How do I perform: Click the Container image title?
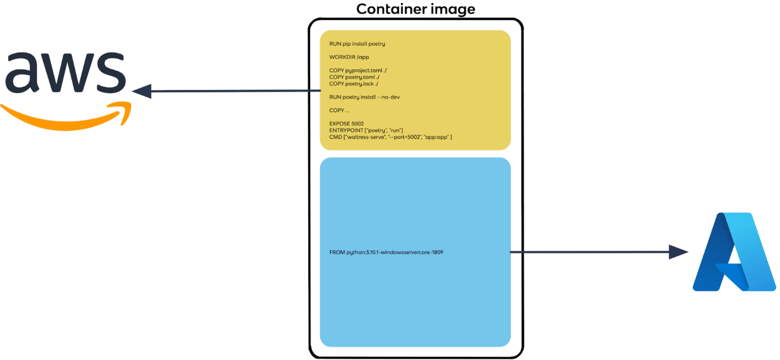pos(415,9)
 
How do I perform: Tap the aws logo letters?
pos(64,73)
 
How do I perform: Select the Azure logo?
pos(734,252)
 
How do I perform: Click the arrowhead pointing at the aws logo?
pos(142,91)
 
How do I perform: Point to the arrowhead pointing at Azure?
pos(678,252)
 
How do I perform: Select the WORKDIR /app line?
pos(349,57)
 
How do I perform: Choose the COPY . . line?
pos(339,110)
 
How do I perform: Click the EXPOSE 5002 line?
pos(346,123)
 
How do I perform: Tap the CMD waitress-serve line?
pos(391,137)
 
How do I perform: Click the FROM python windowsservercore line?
pos(386,252)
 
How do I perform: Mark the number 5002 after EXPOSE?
pos(357,123)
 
